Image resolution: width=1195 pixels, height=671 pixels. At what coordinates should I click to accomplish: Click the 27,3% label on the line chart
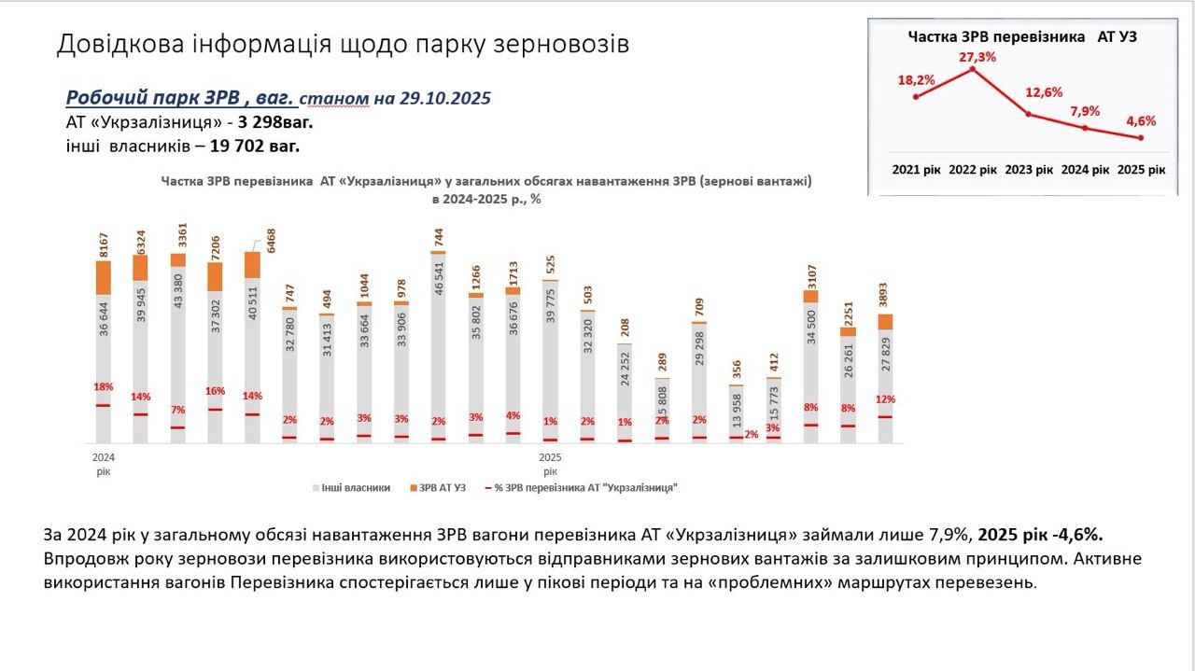pos(977,58)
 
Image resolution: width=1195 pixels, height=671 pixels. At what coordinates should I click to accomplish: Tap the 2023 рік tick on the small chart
pos(1029,171)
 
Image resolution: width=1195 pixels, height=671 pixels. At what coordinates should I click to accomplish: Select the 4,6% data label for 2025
pos(1141,120)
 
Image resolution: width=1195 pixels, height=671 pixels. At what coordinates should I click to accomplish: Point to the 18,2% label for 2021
pos(917,80)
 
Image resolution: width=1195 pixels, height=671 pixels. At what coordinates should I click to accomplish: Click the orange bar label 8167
pos(104,240)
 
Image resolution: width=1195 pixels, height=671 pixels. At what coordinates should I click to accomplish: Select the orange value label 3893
pos(885,295)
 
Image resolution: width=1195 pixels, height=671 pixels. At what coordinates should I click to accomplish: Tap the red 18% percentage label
pos(103,387)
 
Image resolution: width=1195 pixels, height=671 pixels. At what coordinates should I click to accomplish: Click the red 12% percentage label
pos(885,399)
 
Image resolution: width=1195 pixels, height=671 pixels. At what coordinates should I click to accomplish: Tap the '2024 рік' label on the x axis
pos(103,465)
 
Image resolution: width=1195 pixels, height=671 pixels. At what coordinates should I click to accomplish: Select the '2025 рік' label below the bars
pos(550,465)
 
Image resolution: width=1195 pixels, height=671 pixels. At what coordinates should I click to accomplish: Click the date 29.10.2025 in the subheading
pos(445,98)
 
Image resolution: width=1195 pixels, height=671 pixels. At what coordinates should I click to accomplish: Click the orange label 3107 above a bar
pos(810,272)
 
